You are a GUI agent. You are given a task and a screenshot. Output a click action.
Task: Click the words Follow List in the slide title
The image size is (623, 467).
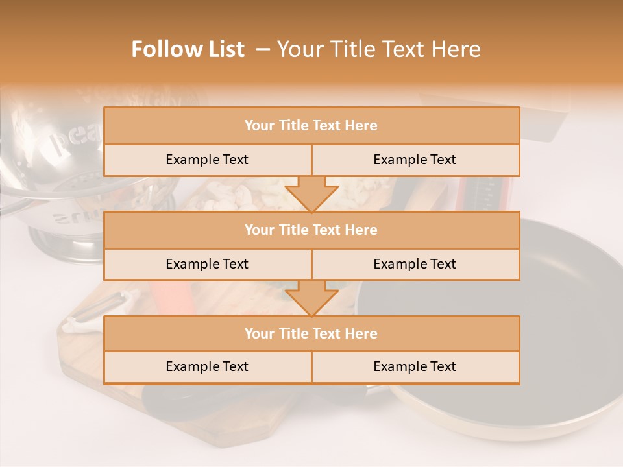coord(188,49)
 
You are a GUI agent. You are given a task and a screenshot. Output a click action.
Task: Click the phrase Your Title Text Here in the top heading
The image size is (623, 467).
coord(379,49)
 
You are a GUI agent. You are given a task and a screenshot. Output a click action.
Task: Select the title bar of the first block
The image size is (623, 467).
coord(311,126)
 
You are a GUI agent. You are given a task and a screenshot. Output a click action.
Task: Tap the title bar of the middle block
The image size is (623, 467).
coord(311,230)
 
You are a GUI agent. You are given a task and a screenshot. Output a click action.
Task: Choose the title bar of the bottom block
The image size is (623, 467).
coord(311,333)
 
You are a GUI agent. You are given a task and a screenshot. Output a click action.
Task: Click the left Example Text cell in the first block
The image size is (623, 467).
coord(207,160)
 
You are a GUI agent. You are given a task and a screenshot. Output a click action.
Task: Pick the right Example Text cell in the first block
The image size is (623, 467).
coord(415,160)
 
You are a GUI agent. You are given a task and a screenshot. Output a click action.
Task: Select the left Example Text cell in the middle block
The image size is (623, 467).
coord(207,264)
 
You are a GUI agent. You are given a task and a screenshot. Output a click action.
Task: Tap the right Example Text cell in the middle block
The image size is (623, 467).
coord(415,264)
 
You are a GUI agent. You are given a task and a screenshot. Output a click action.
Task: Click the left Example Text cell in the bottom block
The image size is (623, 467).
coord(207,366)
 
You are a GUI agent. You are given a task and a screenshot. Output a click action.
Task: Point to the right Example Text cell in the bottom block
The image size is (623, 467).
coord(415,366)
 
